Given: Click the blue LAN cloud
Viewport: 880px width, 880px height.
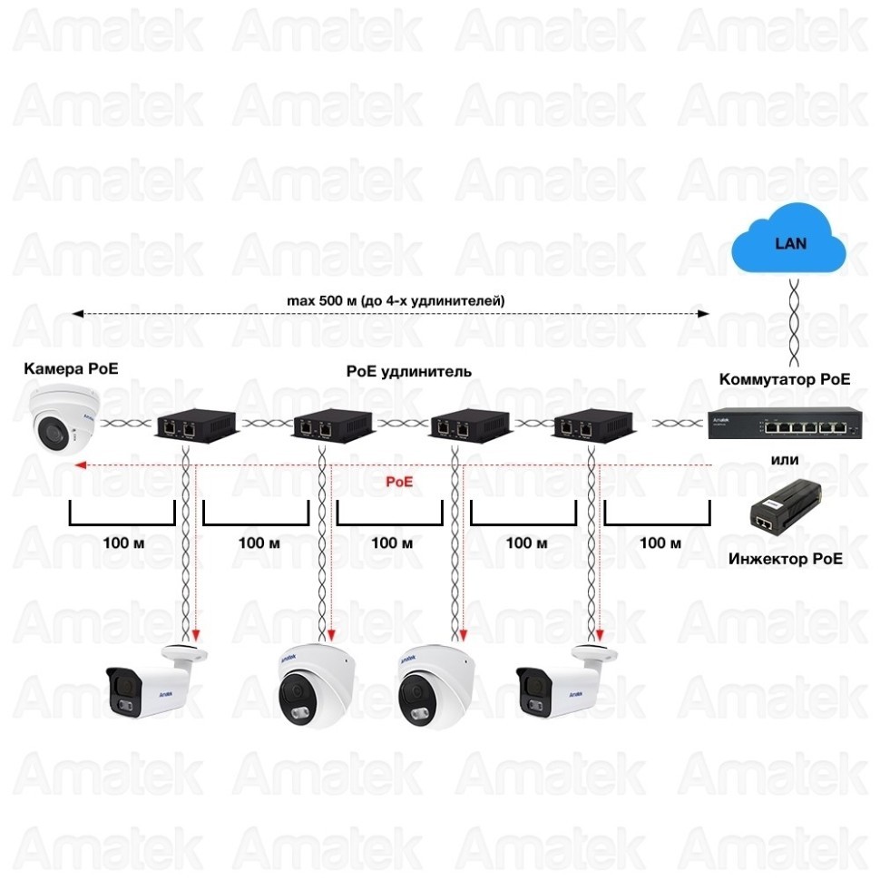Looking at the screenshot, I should (x=788, y=242).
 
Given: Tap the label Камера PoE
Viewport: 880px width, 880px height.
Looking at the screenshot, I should (x=71, y=368).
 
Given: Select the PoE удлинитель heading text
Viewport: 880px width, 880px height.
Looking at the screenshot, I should (x=408, y=372).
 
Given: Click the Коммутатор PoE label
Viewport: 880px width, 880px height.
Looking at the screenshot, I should (x=785, y=379).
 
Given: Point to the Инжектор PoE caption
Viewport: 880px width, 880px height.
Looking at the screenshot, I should (x=785, y=558).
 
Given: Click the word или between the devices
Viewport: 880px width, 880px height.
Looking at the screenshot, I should (x=784, y=460).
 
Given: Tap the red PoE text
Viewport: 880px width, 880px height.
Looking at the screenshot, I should (x=399, y=483).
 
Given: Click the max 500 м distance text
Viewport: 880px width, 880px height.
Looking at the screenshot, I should (x=395, y=300).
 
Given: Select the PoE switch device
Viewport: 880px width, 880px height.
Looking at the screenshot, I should (x=783, y=423).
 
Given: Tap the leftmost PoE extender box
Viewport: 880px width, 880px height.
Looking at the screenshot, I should (x=194, y=424).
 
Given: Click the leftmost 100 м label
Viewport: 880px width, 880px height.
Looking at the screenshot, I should (x=122, y=543).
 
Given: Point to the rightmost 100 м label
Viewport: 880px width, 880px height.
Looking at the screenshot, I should (x=660, y=543).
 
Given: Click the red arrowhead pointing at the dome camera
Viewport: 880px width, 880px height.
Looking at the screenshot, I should (x=80, y=465).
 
